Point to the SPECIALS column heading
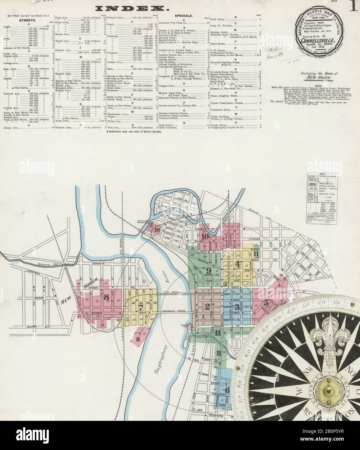[x=184, y=15]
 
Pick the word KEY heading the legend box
[x=319, y=174]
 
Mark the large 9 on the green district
[x=209, y=270]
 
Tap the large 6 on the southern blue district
[x=227, y=390]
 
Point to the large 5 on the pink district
[x=266, y=303]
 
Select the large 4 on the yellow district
[x=238, y=263]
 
